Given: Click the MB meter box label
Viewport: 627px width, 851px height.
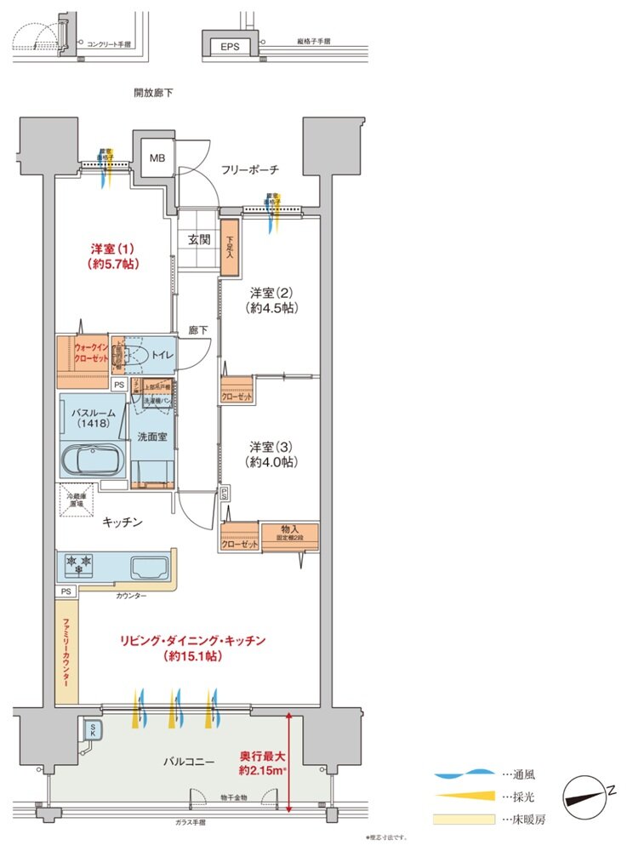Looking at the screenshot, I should click(158, 158).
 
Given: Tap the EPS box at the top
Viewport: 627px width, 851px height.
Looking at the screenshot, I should click(230, 47).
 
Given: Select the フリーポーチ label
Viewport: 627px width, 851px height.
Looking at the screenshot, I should click(249, 170).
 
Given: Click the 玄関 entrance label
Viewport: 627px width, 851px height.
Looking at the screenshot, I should click(199, 240).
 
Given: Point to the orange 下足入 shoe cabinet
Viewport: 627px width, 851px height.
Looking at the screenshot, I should click(229, 247).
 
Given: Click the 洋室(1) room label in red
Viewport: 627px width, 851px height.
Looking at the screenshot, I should click(113, 255).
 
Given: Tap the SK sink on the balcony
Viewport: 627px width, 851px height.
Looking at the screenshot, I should click(89, 731).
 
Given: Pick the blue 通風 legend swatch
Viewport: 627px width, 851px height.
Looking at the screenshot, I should click(464, 775).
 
